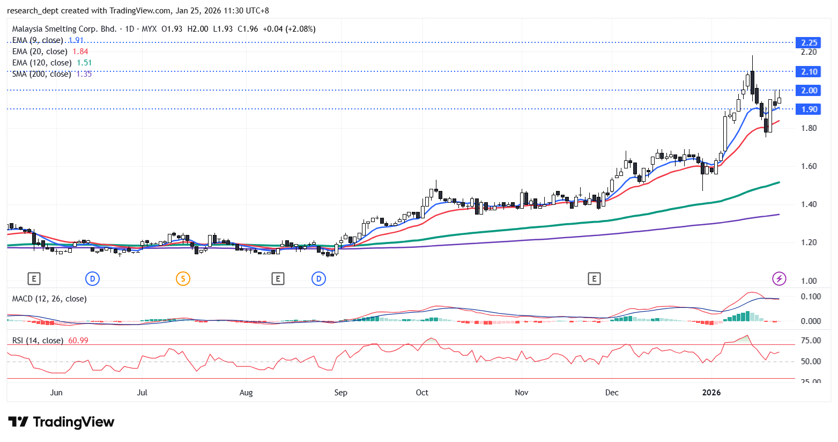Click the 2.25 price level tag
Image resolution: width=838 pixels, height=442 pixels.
[x=809, y=43]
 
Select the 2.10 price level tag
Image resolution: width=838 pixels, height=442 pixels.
[x=809, y=72]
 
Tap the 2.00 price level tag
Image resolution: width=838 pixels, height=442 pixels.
[x=809, y=91]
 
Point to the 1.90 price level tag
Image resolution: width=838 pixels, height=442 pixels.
[x=809, y=109]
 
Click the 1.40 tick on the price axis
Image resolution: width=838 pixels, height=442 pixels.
[x=809, y=204]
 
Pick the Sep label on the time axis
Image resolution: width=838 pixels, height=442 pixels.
[x=340, y=393]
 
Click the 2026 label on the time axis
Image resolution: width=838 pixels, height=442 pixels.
[x=711, y=393]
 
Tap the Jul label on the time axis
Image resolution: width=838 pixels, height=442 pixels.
[x=142, y=393]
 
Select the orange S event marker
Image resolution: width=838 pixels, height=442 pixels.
[x=183, y=278]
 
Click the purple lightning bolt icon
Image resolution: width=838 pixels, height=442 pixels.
[x=779, y=278]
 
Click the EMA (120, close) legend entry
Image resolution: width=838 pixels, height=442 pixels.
[x=42, y=63]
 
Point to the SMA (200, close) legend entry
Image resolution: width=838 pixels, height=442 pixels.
[x=42, y=74]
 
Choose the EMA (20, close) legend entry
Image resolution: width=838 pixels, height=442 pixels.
[x=40, y=51]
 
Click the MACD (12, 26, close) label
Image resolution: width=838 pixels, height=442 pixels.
[x=49, y=299]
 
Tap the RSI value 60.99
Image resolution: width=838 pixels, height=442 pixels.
[x=78, y=341]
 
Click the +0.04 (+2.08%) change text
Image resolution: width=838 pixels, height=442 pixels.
[x=289, y=29]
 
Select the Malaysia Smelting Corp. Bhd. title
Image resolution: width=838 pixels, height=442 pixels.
[x=64, y=29]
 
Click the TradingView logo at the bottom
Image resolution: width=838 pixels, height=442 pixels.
[x=61, y=422]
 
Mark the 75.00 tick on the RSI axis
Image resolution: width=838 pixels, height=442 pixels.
[x=811, y=341]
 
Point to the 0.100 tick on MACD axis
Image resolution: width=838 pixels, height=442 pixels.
[x=811, y=297]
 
